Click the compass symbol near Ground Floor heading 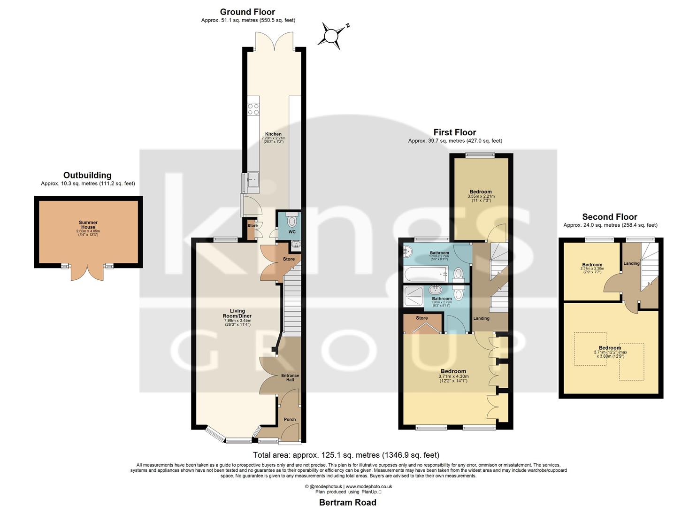pyautogui.click(x=332, y=36)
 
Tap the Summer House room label pyautogui.click(x=88, y=225)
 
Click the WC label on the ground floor pyautogui.click(x=291, y=232)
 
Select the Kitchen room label pyautogui.click(x=273, y=134)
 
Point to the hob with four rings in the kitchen pyautogui.click(x=253, y=109)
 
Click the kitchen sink pyautogui.click(x=253, y=181)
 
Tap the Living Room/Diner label pyautogui.click(x=237, y=314)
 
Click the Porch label pyautogui.click(x=290, y=420)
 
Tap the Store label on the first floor pyautogui.click(x=422, y=318)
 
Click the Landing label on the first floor pyautogui.click(x=481, y=318)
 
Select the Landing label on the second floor pyautogui.click(x=631, y=263)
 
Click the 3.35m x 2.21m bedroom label pyautogui.click(x=481, y=192)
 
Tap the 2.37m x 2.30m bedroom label pyautogui.click(x=592, y=265)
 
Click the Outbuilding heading pyautogui.click(x=87, y=176)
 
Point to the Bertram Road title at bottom pyautogui.click(x=347, y=502)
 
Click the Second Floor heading pyautogui.click(x=609, y=217)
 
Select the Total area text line pyautogui.click(x=346, y=455)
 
